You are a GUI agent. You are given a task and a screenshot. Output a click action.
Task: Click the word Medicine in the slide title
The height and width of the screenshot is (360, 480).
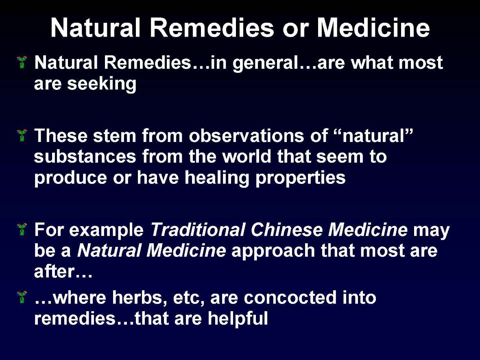point(373,28)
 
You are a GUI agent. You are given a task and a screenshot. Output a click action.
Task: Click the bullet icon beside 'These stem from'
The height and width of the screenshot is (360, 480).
point(23,134)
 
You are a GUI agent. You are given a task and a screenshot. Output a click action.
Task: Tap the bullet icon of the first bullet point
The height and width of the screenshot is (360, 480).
point(23,62)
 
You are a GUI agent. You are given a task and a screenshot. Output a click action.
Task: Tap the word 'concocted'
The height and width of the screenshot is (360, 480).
point(290,298)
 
